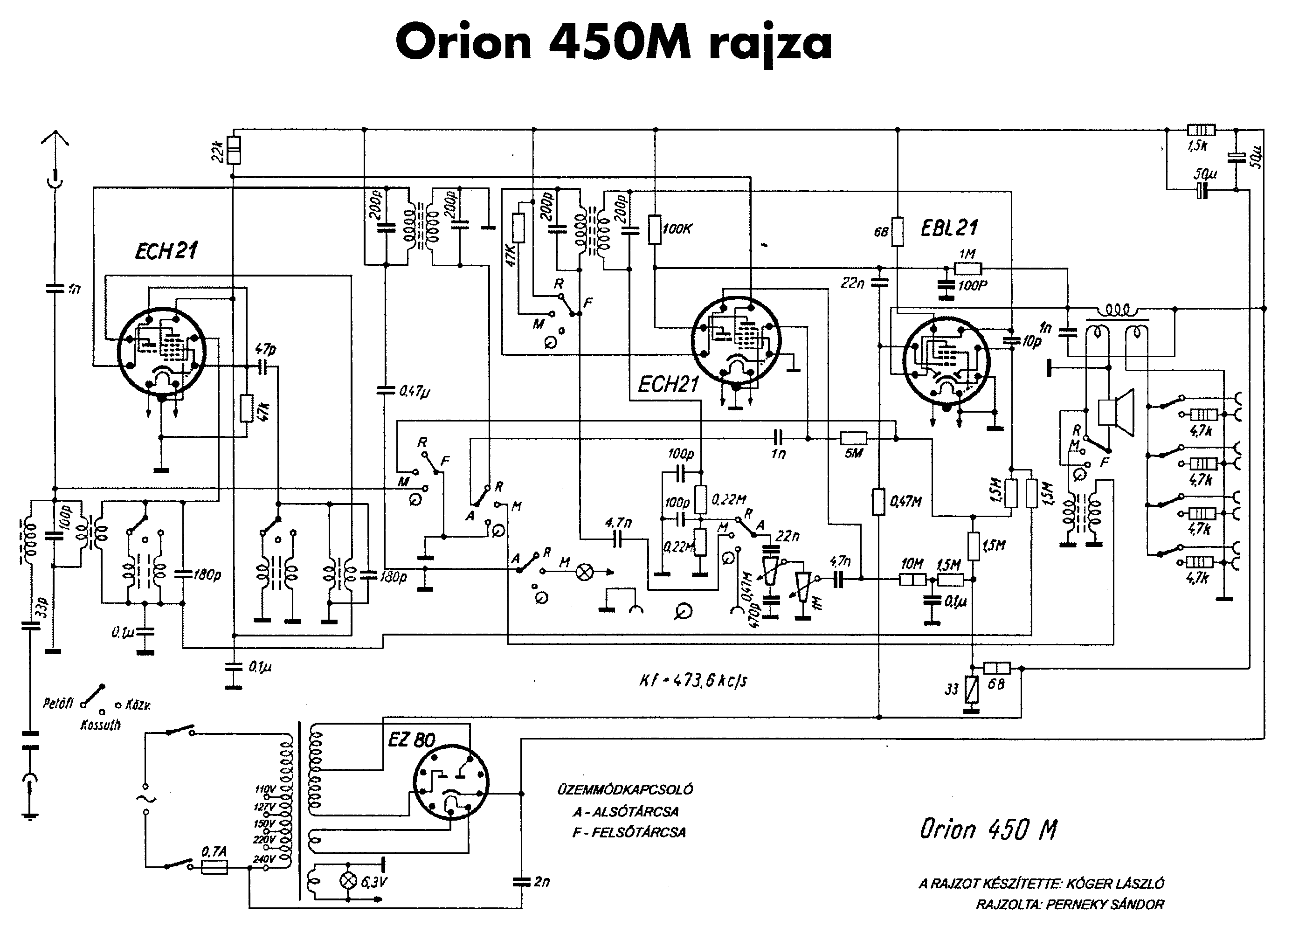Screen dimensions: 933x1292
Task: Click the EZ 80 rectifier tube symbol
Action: tap(450, 781)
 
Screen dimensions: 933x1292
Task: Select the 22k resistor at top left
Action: tap(233, 149)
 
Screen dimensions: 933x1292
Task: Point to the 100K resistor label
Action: tap(677, 229)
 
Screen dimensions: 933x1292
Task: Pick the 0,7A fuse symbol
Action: tap(215, 867)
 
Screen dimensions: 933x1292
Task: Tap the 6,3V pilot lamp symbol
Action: tap(347, 881)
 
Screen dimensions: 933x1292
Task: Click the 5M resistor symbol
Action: tap(853, 438)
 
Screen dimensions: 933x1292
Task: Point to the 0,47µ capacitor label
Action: tap(414, 391)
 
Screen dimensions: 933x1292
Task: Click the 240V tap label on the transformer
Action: tap(264, 859)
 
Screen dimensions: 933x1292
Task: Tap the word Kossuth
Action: tap(101, 725)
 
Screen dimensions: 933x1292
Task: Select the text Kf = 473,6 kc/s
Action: tap(693, 680)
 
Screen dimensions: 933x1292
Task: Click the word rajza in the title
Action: tap(770, 44)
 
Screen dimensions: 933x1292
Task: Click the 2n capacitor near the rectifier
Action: tap(521, 882)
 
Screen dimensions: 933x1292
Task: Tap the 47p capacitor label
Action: tap(265, 349)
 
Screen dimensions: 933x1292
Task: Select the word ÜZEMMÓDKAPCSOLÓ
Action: tap(625, 790)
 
